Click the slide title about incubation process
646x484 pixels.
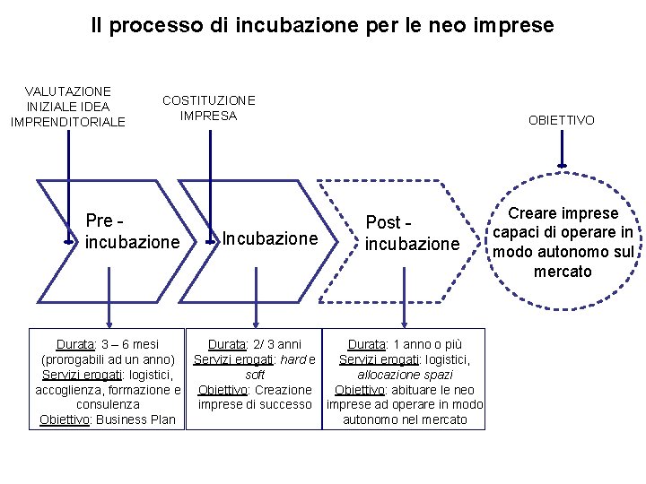[x=322, y=25]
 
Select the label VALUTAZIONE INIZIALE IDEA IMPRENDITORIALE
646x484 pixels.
[x=68, y=107]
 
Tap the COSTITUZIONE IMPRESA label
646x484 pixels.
[x=208, y=108]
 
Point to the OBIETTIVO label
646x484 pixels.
[x=561, y=120]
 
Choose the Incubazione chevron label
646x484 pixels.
[x=269, y=238]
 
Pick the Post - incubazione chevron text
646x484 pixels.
[x=412, y=233]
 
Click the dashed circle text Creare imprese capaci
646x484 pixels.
[x=563, y=242]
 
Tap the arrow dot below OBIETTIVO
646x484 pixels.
[x=562, y=164]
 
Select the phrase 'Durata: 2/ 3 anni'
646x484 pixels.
[x=255, y=344]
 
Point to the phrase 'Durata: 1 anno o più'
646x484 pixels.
[x=405, y=344]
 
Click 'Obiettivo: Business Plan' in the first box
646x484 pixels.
[x=108, y=420]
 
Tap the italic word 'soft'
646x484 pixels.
[x=255, y=375]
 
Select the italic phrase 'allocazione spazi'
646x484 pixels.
[x=405, y=375]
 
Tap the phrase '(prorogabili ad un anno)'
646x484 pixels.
[x=108, y=359]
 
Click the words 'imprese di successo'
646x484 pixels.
[x=255, y=405]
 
